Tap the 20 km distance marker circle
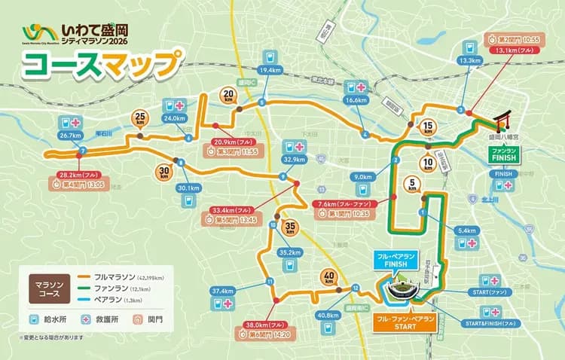pyautogui.click(x=228, y=95)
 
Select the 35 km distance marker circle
pyautogui.click(x=291, y=228)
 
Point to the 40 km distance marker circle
pyautogui.click(x=328, y=276)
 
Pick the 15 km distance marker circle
pyautogui.click(x=428, y=126)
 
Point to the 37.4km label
pyautogui.click(x=223, y=291)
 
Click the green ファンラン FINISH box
pyautogui.click(x=503, y=154)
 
